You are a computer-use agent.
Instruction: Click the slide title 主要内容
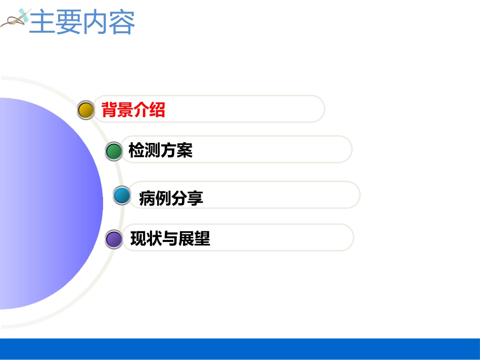pyautogui.click(x=82, y=23)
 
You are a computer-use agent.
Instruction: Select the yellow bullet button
pyautogui.click(x=86, y=110)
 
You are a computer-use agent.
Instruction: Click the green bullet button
pyautogui.click(x=114, y=151)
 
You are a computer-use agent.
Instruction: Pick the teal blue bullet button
pyautogui.click(x=122, y=195)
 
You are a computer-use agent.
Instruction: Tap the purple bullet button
pyautogui.click(x=114, y=239)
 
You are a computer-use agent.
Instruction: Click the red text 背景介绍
pyautogui.click(x=133, y=110)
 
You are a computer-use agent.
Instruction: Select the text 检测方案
pyautogui.click(x=161, y=150)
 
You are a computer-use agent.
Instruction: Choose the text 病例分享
pyautogui.click(x=171, y=198)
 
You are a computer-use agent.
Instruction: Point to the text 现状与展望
pyautogui.click(x=170, y=238)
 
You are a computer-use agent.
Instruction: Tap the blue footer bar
pyautogui.click(x=240, y=348)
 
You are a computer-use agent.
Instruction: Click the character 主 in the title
pyautogui.click(x=42, y=23)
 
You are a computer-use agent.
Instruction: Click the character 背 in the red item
pyautogui.click(x=110, y=110)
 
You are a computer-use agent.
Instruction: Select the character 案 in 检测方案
pyautogui.click(x=185, y=150)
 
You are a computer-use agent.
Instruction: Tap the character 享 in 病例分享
pyautogui.click(x=195, y=198)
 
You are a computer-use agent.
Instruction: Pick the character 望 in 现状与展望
pyautogui.click(x=202, y=238)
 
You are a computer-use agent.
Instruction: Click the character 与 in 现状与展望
pyautogui.click(x=170, y=238)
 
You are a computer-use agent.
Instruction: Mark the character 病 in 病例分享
pyautogui.click(x=147, y=198)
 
